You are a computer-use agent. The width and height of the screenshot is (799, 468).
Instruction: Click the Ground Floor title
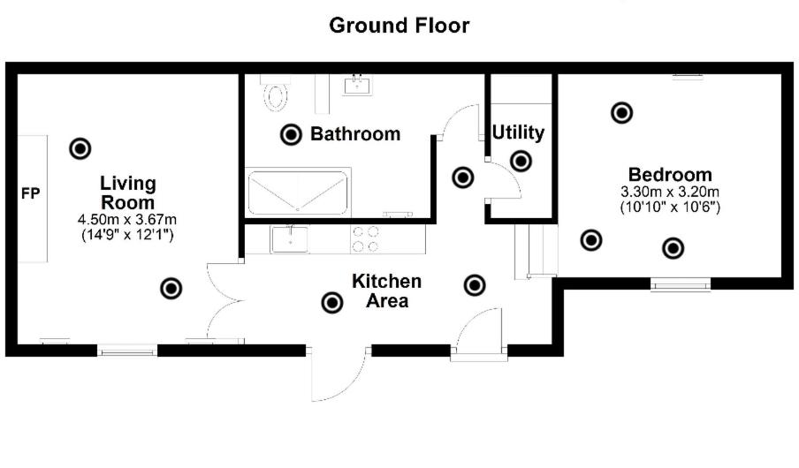click(399, 26)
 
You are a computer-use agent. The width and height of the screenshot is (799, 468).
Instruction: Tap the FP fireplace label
click(31, 193)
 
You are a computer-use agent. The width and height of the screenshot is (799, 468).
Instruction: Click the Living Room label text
click(127, 192)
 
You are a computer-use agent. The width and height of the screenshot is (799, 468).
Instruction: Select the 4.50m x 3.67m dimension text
click(127, 220)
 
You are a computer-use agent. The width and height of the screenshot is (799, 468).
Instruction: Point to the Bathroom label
click(354, 134)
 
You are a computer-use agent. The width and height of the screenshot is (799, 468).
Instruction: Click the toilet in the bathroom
click(278, 94)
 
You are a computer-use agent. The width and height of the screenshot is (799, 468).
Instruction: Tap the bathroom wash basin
click(359, 85)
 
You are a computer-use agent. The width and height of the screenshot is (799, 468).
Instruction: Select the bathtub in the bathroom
click(299, 192)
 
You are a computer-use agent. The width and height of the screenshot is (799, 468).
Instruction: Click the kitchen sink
click(290, 238)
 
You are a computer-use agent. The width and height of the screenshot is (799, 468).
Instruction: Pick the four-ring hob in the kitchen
click(366, 239)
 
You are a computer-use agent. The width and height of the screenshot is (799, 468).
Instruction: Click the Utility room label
click(518, 132)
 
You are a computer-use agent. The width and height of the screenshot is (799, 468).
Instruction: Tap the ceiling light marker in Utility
click(521, 161)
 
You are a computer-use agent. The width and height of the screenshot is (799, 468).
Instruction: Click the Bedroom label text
click(670, 175)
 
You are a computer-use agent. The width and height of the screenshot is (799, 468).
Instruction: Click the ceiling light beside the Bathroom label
click(290, 134)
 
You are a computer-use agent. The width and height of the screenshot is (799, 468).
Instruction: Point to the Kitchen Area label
click(387, 291)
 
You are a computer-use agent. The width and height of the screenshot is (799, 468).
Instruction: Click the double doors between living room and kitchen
click(224, 300)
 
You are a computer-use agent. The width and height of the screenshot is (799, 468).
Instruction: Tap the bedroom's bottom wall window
click(681, 283)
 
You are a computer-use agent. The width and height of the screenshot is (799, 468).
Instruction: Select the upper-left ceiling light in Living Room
click(80, 148)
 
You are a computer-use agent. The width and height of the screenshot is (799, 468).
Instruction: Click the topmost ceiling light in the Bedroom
click(622, 112)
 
